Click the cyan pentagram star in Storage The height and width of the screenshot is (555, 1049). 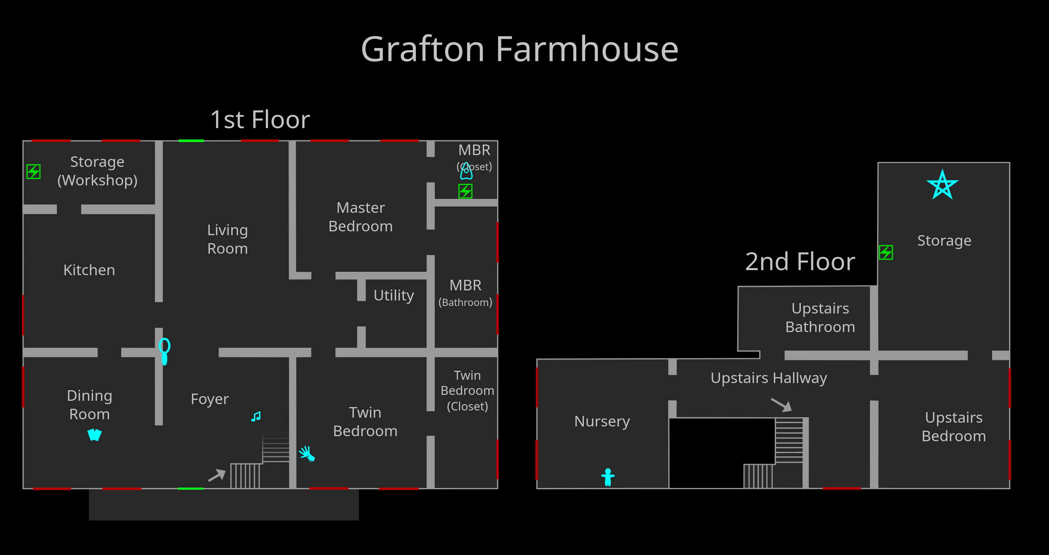(x=942, y=185)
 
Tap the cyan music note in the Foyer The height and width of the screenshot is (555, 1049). (x=256, y=417)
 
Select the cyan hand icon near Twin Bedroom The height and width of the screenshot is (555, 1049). (x=307, y=454)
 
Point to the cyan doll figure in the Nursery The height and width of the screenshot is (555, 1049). (x=607, y=477)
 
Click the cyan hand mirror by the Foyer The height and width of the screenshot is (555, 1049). (x=164, y=351)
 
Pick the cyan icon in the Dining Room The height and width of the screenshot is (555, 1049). (x=94, y=434)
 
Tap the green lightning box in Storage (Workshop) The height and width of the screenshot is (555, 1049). (x=34, y=172)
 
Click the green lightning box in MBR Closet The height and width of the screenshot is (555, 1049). (x=466, y=191)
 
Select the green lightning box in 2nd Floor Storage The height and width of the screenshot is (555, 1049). (x=886, y=252)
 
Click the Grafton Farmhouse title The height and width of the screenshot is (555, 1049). (x=519, y=49)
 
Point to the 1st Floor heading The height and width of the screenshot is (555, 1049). (x=260, y=120)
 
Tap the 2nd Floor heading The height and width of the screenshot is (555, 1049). (x=800, y=262)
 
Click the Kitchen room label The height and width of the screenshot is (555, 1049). (x=89, y=270)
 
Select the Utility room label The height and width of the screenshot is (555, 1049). (x=393, y=295)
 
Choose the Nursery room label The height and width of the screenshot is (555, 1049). (x=602, y=421)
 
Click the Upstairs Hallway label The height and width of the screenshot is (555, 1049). (x=768, y=378)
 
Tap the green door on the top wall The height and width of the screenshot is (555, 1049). (x=191, y=141)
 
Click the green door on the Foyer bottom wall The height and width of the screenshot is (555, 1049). (x=190, y=488)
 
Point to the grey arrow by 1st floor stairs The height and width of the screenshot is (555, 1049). (x=217, y=475)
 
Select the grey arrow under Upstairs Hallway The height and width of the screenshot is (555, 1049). (x=781, y=405)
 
